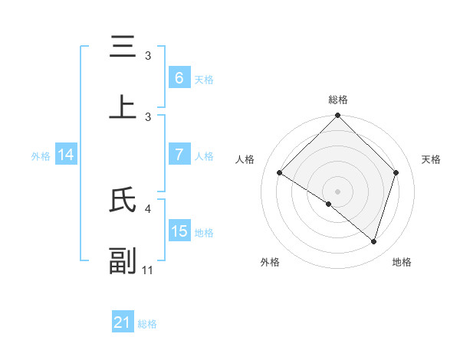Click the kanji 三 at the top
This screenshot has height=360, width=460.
[123, 47]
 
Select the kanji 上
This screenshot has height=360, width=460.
[123, 107]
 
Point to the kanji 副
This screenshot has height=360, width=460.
[123, 260]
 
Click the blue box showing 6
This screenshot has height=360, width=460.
[179, 78]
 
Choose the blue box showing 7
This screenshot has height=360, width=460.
[179, 155]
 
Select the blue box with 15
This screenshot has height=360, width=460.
[179, 231]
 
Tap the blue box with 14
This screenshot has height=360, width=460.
[66, 155]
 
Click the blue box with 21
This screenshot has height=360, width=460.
[123, 322]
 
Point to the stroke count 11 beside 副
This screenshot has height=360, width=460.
[149, 270]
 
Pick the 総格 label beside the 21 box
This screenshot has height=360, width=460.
[147, 324]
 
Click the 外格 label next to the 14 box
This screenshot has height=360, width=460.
[41, 155]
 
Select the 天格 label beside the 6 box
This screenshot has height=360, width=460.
[204, 79]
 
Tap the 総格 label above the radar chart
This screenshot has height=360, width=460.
[337, 100]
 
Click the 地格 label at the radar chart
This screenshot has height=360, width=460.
[402, 262]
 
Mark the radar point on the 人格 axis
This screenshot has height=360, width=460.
[280, 173]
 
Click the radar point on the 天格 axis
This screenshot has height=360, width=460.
[396, 173]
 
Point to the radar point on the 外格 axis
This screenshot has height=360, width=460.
[329, 204]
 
